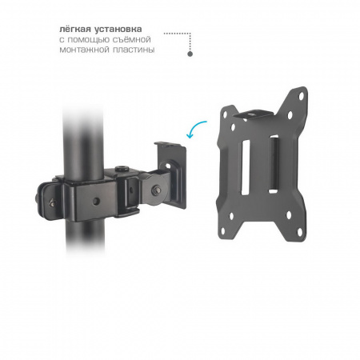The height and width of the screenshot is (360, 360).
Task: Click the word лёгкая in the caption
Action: (x=74, y=29)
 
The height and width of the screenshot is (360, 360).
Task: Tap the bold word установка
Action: (x=118, y=29)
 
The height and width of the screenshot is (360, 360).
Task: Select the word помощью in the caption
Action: (x=88, y=40)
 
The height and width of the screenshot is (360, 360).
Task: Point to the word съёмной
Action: (x=131, y=39)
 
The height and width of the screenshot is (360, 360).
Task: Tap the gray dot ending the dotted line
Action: (x=190, y=54)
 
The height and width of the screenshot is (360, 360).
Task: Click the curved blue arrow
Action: (x=194, y=127)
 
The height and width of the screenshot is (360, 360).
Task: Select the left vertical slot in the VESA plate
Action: (x=246, y=167)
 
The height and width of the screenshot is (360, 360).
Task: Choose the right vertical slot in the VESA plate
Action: (x=274, y=164)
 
